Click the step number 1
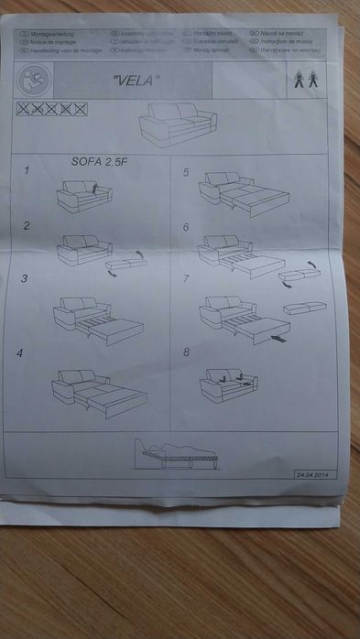[x=27, y=170]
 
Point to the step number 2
[x=27, y=224]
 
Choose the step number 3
[x=26, y=278]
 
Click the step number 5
[x=186, y=172]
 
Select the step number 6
[x=186, y=226]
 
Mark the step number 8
[x=187, y=352]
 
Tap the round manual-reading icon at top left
[x=34, y=79]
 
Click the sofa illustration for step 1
[x=83, y=195]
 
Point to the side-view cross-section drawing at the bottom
[x=180, y=451]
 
